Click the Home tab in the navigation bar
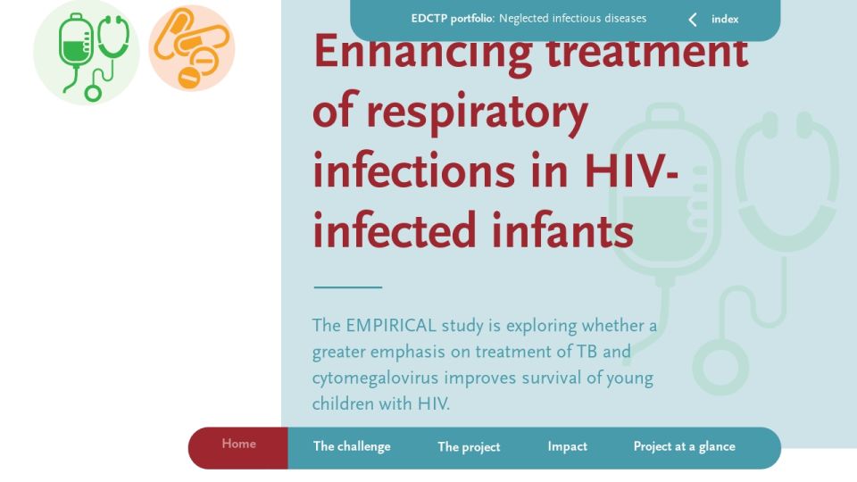coord(239,444)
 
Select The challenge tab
coord(352,446)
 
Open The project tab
coord(469,447)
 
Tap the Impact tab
coord(568,446)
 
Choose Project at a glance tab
coord(685,446)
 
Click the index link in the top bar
coord(725,19)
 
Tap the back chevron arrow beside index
coord(693,20)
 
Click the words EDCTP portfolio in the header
coord(452,19)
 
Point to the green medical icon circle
coord(87,53)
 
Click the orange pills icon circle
coord(192,48)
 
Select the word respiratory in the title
coord(477,113)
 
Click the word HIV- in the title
coord(631,171)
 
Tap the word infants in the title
coord(562,230)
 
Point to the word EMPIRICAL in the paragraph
coord(391,326)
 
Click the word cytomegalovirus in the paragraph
coord(375,378)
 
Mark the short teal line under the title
coord(347,287)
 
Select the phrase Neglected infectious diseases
coord(572,19)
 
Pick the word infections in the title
coord(413,171)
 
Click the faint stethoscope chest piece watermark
coord(721,366)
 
